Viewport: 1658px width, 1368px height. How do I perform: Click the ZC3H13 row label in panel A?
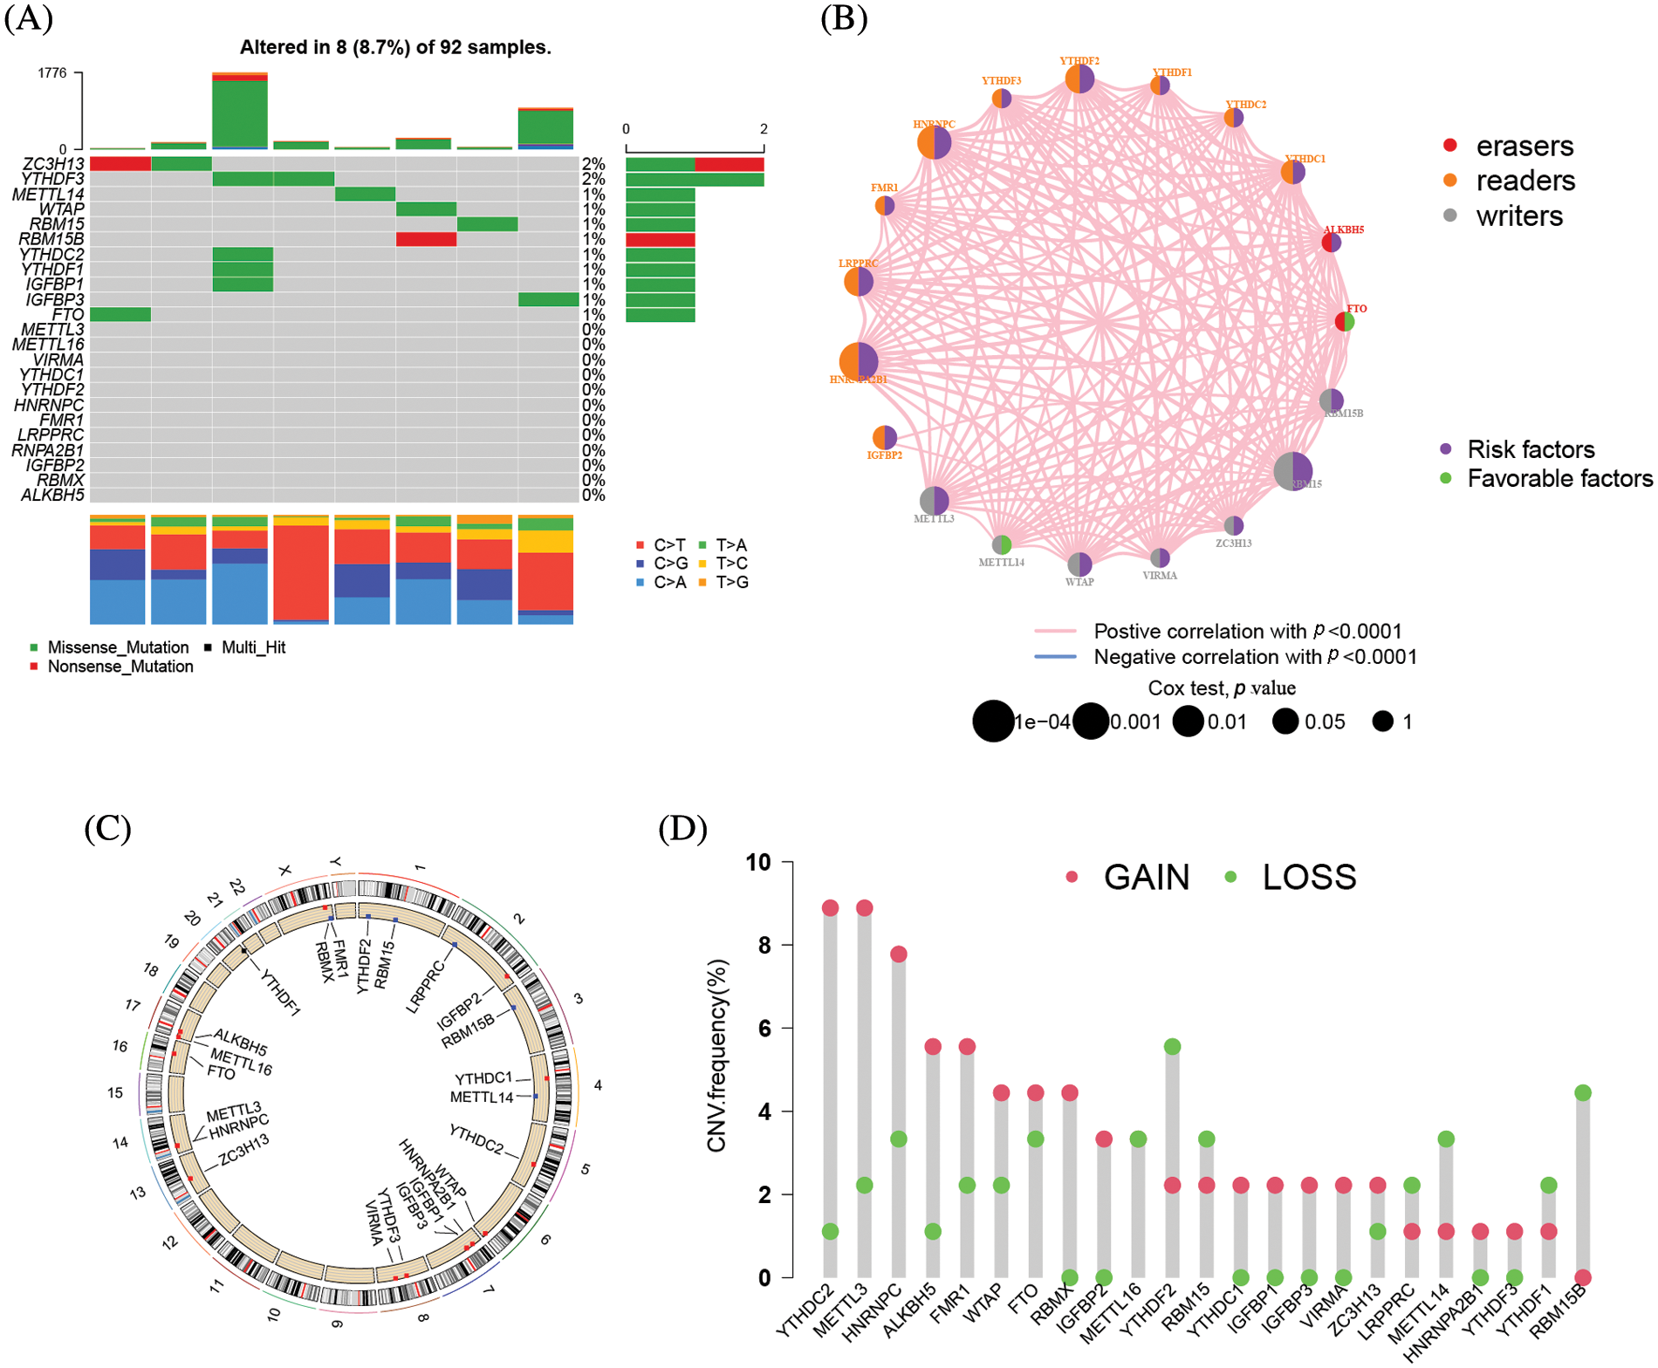point(53,164)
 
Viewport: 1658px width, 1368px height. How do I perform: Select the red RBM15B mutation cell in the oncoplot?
point(426,239)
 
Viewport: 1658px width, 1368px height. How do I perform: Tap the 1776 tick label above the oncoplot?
point(52,73)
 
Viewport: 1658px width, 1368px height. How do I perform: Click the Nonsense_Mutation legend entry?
point(120,667)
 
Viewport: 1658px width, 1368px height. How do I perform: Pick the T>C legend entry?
point(731,564)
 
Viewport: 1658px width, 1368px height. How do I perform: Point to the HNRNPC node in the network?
point(934,141)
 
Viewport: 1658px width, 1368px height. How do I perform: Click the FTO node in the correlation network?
point(1345,321)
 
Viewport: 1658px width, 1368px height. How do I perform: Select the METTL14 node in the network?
point(1002,544)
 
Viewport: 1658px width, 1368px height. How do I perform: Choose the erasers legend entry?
point(1524,146)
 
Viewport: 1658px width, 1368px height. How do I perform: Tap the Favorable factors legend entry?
point(1559,478)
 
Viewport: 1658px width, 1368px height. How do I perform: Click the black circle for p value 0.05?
point(1285,722)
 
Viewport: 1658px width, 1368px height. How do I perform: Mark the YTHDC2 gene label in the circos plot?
point(476,1139)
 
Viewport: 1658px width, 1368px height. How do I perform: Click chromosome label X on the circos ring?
point(284,871)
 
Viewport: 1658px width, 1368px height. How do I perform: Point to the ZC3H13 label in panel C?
point(243,1150)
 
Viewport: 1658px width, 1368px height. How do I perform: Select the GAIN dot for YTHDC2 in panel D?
point(830,908)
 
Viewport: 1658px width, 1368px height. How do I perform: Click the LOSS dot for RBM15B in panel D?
point(1583,1093)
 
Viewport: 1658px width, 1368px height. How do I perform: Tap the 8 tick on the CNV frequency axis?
point(764,945)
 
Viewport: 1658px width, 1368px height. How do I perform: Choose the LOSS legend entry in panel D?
point(1309,877)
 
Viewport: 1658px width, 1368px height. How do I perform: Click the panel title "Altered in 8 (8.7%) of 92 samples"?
point(395,47)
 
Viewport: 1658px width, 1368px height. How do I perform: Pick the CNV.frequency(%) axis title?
point(717,1056)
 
